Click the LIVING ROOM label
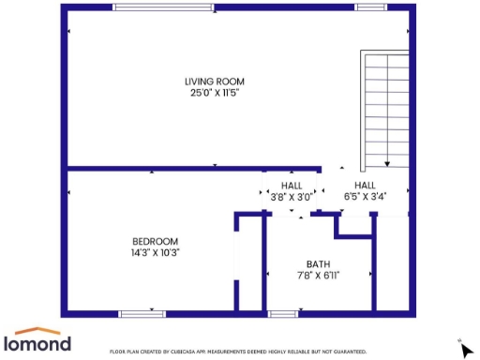tap(215, 82)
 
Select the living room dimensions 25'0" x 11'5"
tap(215, 93)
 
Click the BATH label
tap(318, 263)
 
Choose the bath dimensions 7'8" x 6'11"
tap(318, 275)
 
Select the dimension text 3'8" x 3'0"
tap(292, 197)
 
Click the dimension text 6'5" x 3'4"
tap(365, 197)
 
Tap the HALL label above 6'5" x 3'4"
tap(365, 185)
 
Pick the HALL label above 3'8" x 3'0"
tap(292, 185)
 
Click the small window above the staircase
tap(369, 7)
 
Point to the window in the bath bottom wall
tap(283, 313)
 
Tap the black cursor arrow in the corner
tap(467, 350)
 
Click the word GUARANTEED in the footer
tap(347, 352)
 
